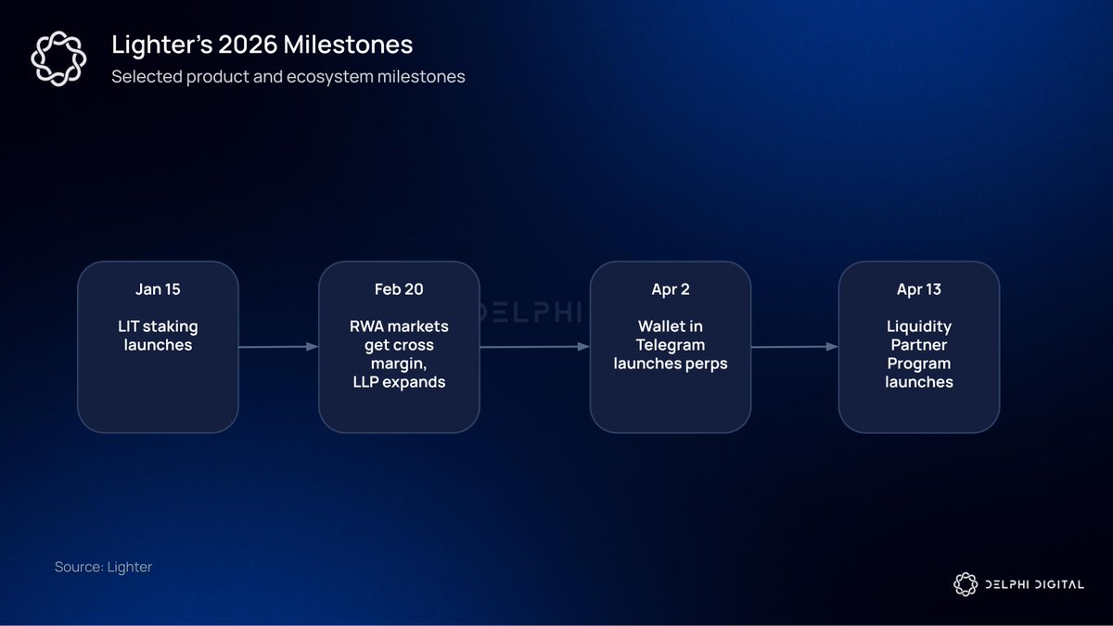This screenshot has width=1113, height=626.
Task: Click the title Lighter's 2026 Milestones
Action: pos(262,45)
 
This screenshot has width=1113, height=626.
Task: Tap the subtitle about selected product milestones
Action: pos(288,76)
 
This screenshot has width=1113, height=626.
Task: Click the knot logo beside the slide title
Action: pos(58,58)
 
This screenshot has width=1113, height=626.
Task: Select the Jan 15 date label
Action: pos(158,289)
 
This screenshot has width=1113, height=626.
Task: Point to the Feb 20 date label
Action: pos(399,289)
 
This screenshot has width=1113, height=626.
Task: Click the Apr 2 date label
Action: pos(671,289)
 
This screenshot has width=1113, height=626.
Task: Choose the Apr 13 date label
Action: pos(919,289)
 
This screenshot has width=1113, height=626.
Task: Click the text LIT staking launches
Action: pos(158,336)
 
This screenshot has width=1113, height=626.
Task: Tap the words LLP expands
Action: pos(399,382)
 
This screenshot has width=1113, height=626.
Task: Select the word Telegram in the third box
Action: pos(671,345)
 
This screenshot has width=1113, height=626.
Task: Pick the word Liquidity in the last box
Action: pos(919,326)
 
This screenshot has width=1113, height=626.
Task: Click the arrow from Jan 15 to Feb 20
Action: pos(278,347)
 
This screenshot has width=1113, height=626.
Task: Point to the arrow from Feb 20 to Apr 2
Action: pos(534,347)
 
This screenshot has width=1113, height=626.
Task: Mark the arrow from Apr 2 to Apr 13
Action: pos(795,347)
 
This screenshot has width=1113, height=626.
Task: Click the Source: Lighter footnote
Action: pos(103,567)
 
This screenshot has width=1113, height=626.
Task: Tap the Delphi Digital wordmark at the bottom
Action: pos(1034,585)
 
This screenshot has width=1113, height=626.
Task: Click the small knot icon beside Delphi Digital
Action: pos(966,584)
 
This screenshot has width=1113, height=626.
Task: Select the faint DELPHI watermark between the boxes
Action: pos(531,312)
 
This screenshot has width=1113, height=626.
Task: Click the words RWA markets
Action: pos(399,326)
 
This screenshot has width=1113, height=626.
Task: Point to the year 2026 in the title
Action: pos(248,45)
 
